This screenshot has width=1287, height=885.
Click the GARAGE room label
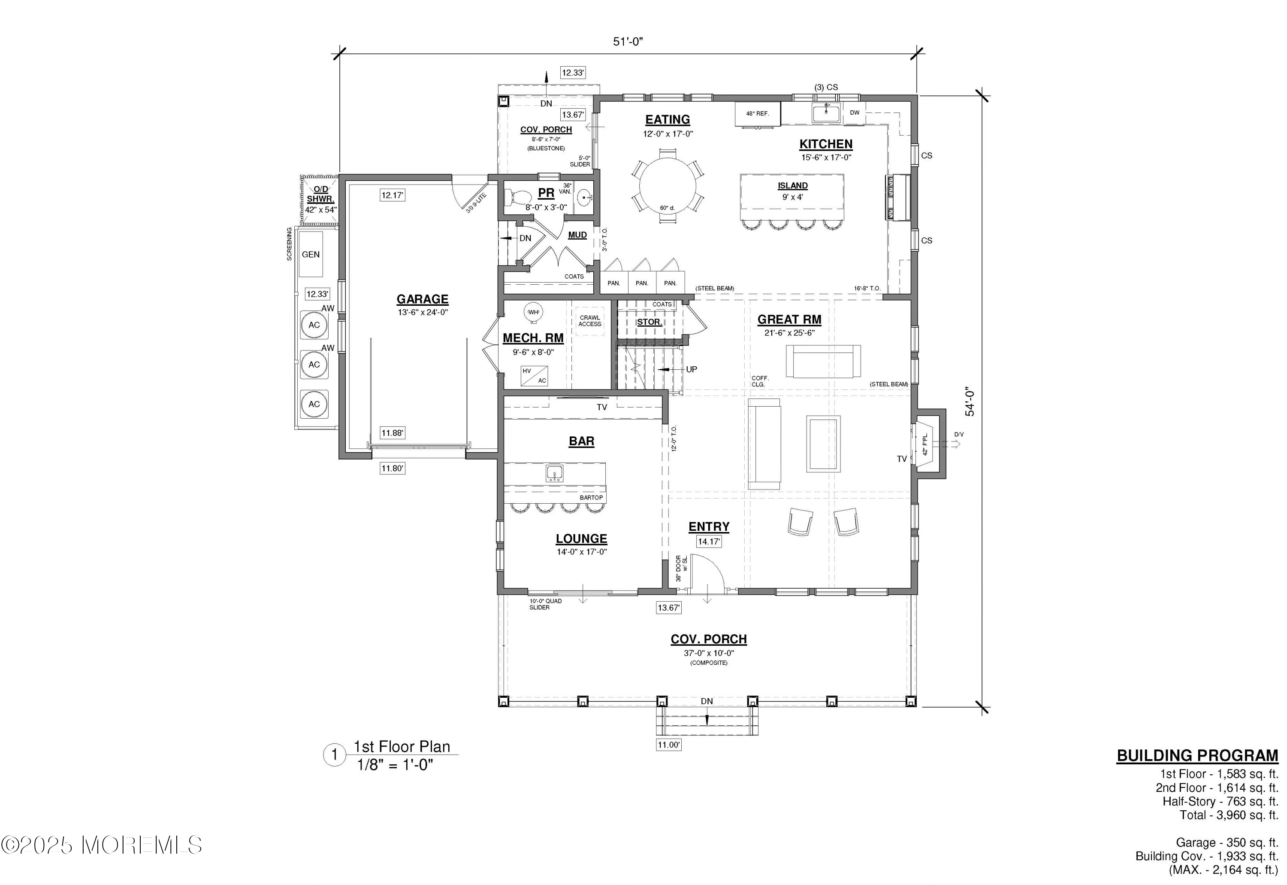pyautogui.click(x=422, y=299)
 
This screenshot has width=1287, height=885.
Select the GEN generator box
pyautogui.click(x=310, y=255)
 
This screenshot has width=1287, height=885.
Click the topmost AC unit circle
pyautogui.click(x=314, y=325)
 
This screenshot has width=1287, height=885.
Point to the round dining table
pyautogui.click(x=668, y=186)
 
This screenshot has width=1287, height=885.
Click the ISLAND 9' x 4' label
pyautogui.click(x=792, y=191)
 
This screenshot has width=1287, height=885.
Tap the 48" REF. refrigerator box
pyautogui.click(x=757, y=114)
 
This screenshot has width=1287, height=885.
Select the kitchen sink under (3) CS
pyautogui.click(x=826, y=113)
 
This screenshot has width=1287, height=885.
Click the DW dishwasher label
pyautogui.click(x=854, y=113)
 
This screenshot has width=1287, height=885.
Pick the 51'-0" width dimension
pyautogui.click(x=628, y=42)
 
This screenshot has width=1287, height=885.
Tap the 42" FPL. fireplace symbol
pyautogui.click(x=926, y=444)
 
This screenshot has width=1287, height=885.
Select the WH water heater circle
pyautogui.click(x=533, y=312)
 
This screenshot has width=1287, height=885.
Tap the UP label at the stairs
pyautogui.click(x=692, y=369)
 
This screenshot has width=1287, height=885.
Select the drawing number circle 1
pyautogui.click(x=334, y=755)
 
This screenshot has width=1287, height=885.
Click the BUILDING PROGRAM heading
pyautogui.click(x=1196, y=756)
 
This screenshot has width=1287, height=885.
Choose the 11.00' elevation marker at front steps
pyautogui.click(x=668, y=745)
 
